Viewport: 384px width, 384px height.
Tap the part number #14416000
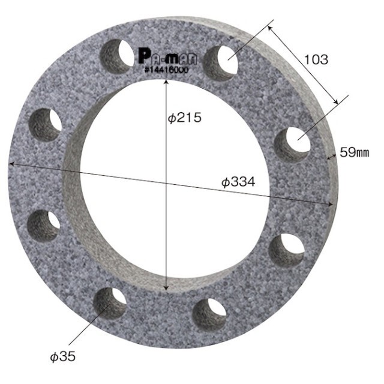click(x=167, y=70)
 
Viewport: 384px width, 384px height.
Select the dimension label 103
click(x=316, y=60)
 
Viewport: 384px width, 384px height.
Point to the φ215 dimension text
click(x=185, y=118)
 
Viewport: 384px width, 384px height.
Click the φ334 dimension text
click(x=238, y=182)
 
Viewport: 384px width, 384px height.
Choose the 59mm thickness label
click(x=355, y=152)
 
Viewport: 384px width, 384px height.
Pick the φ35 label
click(x=63, y=357)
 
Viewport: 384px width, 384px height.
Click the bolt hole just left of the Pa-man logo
click(x=117, y=56)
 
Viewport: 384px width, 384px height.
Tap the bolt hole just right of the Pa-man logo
click(x=221, y=63)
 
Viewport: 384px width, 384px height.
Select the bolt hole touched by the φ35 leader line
click(x=110, y=304)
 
